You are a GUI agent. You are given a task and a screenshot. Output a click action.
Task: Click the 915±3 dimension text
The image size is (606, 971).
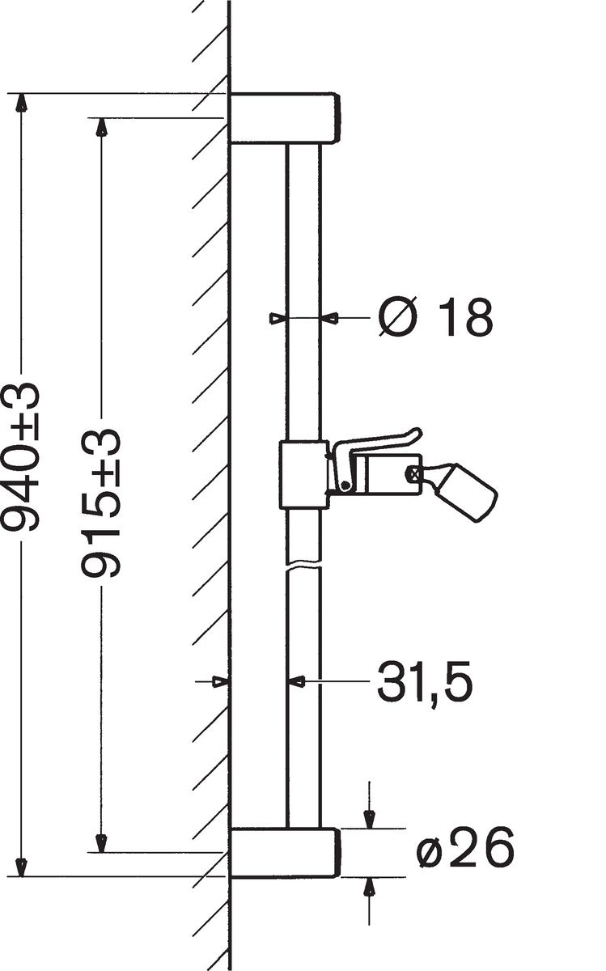point(100,503)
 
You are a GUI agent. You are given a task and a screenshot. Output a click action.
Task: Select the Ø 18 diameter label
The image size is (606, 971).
point(435,317)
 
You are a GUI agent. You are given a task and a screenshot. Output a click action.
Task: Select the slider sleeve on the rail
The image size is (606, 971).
point(303,474)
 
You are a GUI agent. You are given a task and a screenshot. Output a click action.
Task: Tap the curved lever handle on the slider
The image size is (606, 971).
point(373,460)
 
